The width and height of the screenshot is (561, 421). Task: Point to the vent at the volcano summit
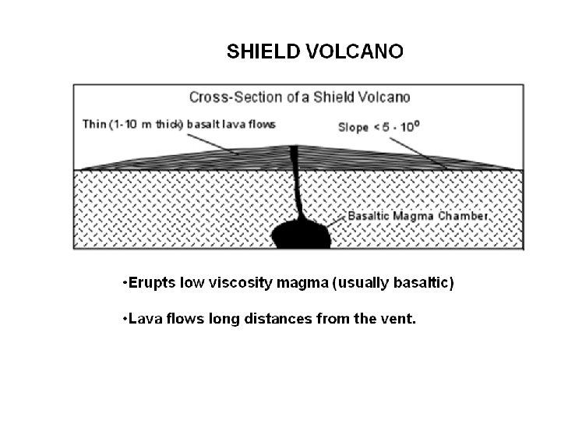coord(294,149)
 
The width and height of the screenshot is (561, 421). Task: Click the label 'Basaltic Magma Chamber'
coord(418,215)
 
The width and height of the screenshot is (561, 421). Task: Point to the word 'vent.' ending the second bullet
coord(400,319)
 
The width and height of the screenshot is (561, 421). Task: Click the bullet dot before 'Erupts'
coord(125,282)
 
